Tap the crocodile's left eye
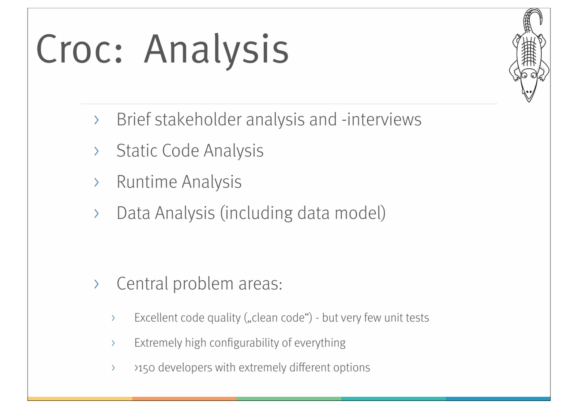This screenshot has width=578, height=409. coord(524,76)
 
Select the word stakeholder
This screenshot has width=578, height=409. coord(198,120)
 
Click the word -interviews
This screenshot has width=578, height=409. coord(381,120)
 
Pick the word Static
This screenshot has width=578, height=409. coord(137,151)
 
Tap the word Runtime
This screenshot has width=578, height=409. coord(147,182)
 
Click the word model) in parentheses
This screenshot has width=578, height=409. coord(360,213)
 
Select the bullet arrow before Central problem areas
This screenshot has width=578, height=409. coord(96,284)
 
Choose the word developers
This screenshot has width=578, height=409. coord(185,368)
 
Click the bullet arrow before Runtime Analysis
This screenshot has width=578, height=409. coord(96,182)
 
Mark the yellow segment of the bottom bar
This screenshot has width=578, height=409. coord(80,399)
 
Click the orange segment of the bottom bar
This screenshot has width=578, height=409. coord(185,399)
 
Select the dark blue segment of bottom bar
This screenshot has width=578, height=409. coord(498,399)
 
